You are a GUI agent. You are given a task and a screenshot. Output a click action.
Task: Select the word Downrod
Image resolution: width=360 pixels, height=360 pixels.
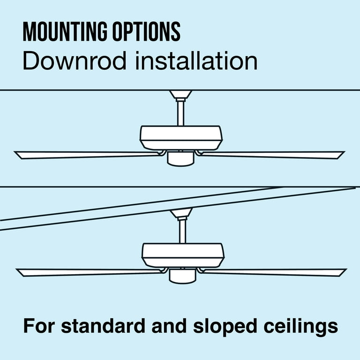[74, 62]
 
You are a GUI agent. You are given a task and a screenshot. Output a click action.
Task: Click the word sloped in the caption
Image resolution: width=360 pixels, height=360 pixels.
[220, 326]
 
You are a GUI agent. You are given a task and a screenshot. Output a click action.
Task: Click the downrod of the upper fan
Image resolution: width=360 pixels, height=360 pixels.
[180, 112]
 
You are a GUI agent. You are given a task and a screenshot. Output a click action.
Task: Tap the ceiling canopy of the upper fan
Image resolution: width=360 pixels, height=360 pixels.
[180, 94]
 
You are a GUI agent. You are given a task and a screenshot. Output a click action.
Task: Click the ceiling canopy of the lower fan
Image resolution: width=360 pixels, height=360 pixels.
[182, 213]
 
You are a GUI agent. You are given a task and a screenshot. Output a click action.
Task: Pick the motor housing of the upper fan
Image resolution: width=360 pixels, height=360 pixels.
[181, 137]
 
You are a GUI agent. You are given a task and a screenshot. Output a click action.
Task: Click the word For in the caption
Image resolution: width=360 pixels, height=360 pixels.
[38, 326]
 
